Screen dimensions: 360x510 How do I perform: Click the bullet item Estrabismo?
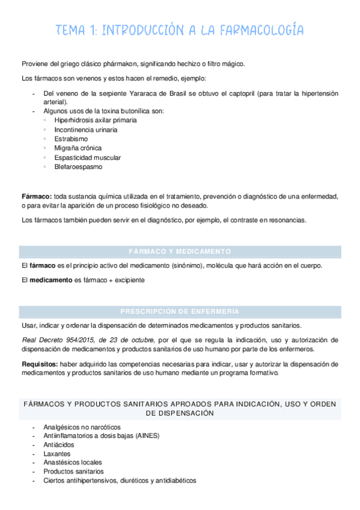click(x=72, y=138)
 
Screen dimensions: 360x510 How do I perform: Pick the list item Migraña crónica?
click(x=78, y=148)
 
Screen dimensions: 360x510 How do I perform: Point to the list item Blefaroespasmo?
click(x=78, y=167)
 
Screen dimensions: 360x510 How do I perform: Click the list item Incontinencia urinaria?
click(x=85, y=129)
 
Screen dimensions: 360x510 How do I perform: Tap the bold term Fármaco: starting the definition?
click(x=36, y=196)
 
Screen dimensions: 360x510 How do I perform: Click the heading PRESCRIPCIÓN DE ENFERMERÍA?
click(x=180, y=312)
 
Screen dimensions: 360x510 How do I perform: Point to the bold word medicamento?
click(x=48, y=280)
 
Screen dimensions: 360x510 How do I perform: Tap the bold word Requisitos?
click(x=40, y=364)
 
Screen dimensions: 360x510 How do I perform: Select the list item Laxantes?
click(x=57, y=453)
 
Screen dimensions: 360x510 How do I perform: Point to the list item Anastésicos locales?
click(x=72, y=462)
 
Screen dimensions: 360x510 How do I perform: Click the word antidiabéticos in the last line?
click(x=174, y=481)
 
